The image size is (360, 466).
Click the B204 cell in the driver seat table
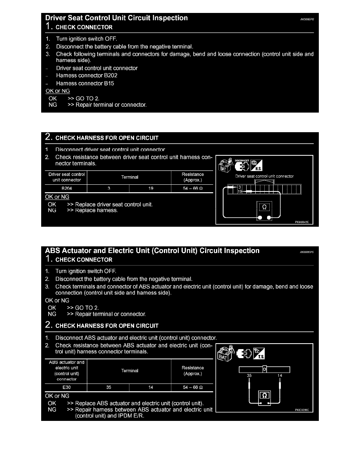(66, 188)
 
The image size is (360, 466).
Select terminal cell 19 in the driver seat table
(151, 188)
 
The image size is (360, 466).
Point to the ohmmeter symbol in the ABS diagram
(264, 396)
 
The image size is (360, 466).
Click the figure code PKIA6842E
(302, 222)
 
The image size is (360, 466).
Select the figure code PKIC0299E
(302, 410)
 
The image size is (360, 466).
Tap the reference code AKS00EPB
(307, 19)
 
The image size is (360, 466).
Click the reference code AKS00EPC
(307, 252)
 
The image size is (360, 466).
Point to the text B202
(110, 75)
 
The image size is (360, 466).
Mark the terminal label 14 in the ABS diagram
(280, 375)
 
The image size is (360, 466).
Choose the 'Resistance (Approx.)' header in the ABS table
(193, 371)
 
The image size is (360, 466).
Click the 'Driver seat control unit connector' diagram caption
(264, 177)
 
